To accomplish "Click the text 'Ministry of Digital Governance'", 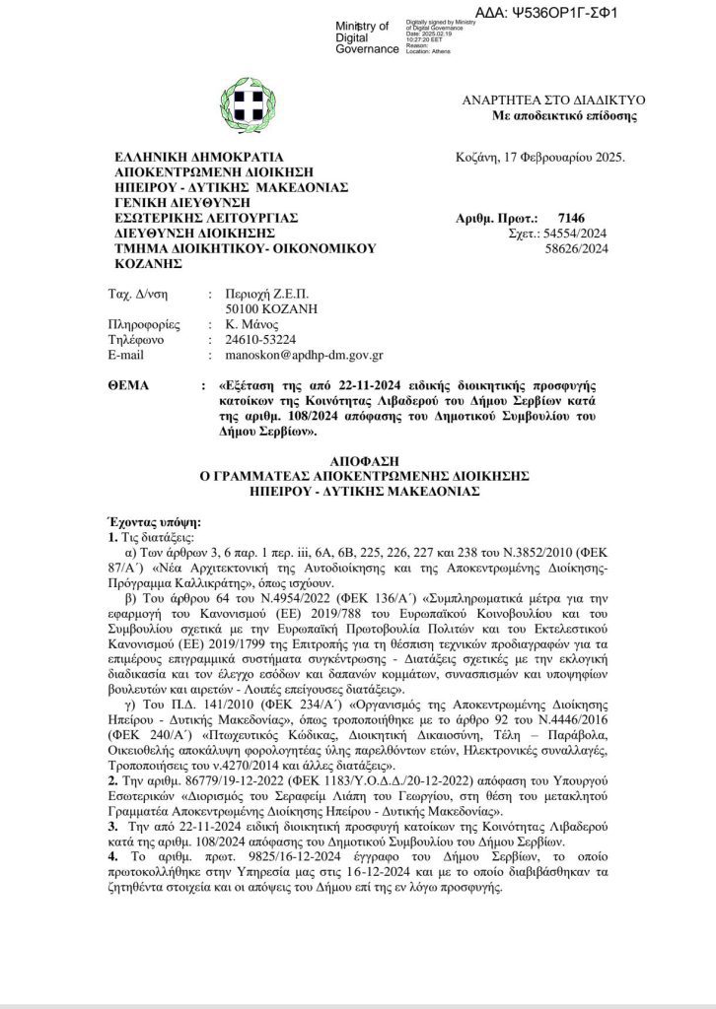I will (363, 37).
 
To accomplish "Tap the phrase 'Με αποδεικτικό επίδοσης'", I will (564, 116).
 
